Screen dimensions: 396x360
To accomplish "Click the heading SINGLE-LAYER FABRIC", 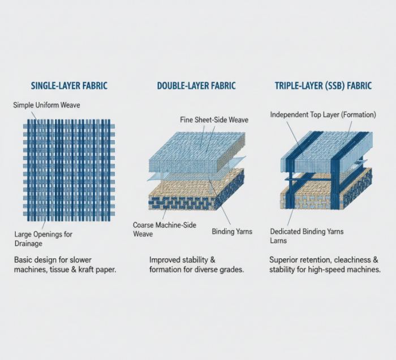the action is [x=69, y=86].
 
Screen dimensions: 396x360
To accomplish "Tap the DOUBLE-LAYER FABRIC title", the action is [x=196, y=86].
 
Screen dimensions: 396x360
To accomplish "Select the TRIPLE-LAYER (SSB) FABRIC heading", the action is [x=323, y=86].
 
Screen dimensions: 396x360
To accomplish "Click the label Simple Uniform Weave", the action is [x=46, y=105].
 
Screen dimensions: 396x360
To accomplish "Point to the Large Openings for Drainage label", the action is [x=43, y=239].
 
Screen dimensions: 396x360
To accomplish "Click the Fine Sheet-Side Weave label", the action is [x=214, y=120].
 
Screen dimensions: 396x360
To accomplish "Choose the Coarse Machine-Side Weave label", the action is [x=165, y=229].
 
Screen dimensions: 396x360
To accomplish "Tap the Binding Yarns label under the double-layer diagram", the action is [x=232, y=231].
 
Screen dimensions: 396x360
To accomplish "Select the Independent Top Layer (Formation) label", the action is [x=323, y=115].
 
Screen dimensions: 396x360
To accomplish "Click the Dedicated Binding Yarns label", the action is [x=307, y=231].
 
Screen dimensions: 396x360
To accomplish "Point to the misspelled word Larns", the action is [x=278, y=240].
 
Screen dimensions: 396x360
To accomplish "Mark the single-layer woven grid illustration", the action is [x=68, y=170].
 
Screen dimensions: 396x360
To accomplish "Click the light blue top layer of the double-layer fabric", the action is [x=197, y=152].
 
